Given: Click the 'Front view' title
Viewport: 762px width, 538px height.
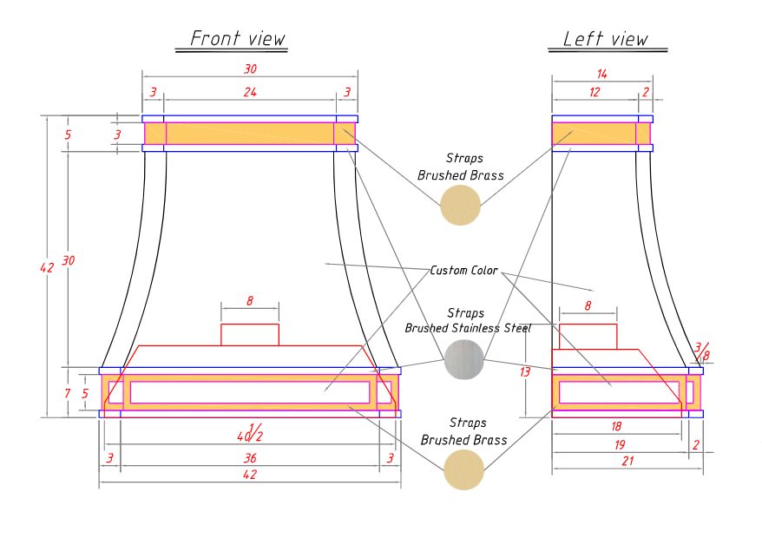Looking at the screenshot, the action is [x=237, y=38].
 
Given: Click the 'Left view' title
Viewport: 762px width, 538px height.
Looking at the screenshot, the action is [x=606, y=39].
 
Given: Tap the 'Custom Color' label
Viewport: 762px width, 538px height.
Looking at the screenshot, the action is [x=463, y=270].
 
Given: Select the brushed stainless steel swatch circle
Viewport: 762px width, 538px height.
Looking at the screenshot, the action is [x=464, y=359].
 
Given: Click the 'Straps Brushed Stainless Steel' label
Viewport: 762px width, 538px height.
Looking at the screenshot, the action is [x=468, y=320].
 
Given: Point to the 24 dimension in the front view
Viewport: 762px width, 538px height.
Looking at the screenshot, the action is [x=250, y=92].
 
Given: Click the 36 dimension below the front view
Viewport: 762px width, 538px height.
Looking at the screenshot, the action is [x=250, y=458].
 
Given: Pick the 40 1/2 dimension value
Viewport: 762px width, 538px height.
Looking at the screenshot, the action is [x=250, y=433].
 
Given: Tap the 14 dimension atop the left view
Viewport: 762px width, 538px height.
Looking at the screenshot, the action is [x=601, y=74].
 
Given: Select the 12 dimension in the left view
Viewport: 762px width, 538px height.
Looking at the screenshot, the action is [x=594, y=92].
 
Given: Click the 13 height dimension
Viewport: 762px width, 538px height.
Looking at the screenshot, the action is [x=525, y=372].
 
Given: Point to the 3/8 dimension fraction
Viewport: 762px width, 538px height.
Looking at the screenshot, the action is [x=702, y=351].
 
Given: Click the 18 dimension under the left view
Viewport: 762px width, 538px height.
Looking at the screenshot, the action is [x=616, y=426].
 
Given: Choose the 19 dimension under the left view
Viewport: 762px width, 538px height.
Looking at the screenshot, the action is [x=620, y=444].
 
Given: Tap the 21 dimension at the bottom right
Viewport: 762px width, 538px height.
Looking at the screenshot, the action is [x=627, y=461].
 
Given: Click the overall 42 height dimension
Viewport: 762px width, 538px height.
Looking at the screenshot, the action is [x=47, y=267].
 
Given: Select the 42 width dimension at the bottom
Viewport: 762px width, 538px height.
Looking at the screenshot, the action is [x=250, y=475].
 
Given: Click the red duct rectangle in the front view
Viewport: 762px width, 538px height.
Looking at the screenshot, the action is [x=250, y=335].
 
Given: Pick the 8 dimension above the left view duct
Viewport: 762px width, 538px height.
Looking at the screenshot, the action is [x=588, y=305].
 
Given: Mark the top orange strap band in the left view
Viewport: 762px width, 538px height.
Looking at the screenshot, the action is [x=601, y=133].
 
